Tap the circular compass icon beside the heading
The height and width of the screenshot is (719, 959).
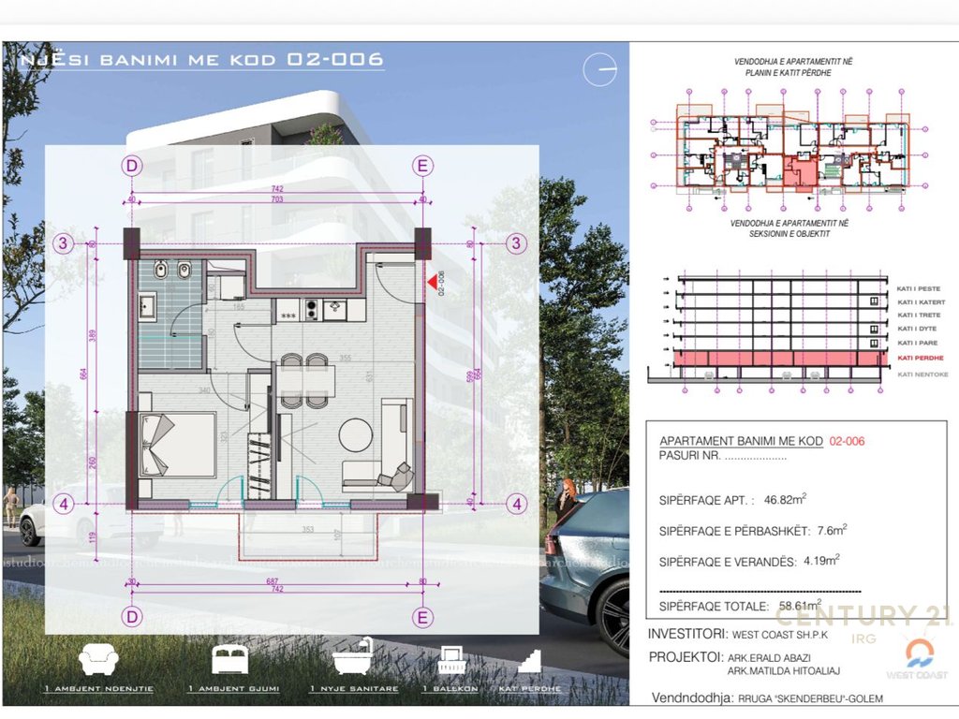tap(599, 70)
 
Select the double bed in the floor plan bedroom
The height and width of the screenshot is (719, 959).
tap(177, 444)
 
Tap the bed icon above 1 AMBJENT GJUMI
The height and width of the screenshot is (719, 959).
tap(232, 659)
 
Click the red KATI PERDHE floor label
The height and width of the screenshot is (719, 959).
tap(919, 359)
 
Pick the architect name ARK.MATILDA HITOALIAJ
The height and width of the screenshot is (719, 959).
tap(785, 670)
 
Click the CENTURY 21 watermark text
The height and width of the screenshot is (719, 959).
tap(862, 616)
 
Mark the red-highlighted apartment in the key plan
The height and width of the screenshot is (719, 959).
tap(799, 174)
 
